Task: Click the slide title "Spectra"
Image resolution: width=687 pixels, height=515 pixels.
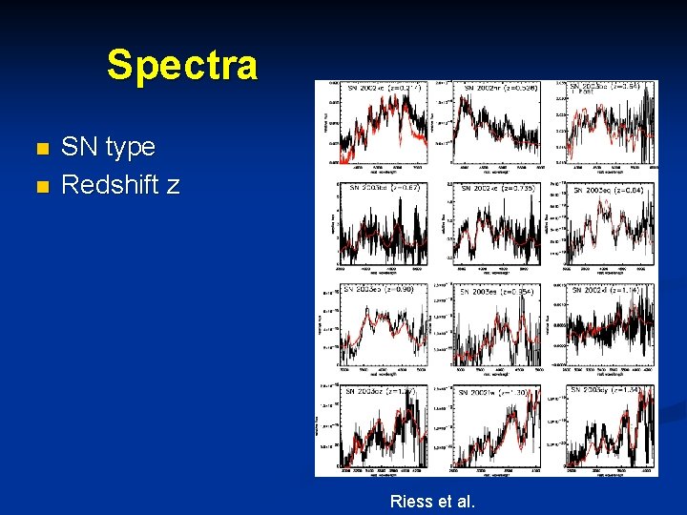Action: (x=181, y=65)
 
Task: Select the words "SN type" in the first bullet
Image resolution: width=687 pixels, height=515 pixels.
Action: (x=108, y=147)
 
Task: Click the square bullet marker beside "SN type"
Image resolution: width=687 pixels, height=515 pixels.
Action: (x=40, y=149)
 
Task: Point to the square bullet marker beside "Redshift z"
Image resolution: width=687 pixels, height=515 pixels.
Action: (x=40, y=186)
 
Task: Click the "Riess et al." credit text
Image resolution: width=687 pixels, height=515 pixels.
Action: (x=432, y=501)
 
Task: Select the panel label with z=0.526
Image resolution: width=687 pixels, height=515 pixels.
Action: (x=501, y=88)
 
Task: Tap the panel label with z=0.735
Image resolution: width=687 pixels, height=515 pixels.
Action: (x=501, y=189)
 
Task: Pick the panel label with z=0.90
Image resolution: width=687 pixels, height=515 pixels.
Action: (x=379, y=289)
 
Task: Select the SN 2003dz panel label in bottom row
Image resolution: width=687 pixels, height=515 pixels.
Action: (x=380, y=391)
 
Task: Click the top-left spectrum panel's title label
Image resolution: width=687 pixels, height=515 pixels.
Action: (x=384, y=88)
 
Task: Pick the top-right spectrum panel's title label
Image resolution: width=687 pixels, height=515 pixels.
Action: (x=612, y=87)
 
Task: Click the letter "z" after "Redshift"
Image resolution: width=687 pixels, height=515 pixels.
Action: (x=172, y=186)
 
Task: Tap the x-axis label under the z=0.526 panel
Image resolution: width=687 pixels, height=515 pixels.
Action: (x=497, y=173)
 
